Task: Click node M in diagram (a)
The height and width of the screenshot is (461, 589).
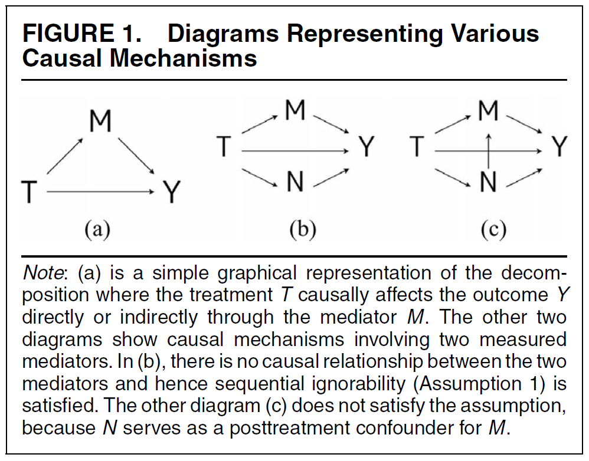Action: click(x=100, y=121)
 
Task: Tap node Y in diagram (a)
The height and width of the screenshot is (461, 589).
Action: click(x=171, y=192)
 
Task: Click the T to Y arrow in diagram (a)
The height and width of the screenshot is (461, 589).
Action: click(x=100, y=192)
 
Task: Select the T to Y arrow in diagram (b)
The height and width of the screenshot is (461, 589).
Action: click(x=295, y=151)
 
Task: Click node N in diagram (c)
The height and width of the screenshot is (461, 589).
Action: click(x=489, y=183)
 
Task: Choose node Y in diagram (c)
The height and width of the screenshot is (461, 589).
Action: click(x=558, y=147)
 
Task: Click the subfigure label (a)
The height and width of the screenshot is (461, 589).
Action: click(x=97, y=229)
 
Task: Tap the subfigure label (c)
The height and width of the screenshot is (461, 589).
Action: click(x=493, y=229)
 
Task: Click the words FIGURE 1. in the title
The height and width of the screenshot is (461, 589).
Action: click(x=81, y=34)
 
